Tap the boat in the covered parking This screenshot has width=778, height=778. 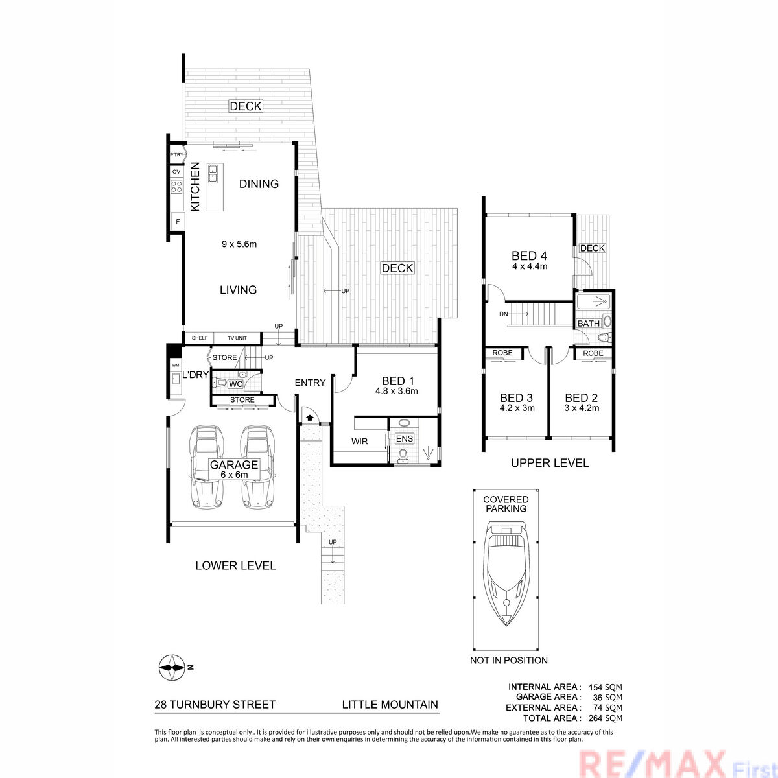pyautogui.click(x=506, y=573)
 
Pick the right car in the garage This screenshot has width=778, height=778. pyautogui.click(x=258, y=466)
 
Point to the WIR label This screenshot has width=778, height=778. pyautogui.click(x=359, y=442)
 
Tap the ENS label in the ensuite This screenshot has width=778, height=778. pyautogui.click(x=405, y=439)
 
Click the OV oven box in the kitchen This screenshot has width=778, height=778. pyautogui.click(x=176, y=172)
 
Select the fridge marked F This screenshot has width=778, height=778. pyautogui.click(x=178, y=222)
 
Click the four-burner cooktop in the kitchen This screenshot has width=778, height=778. pyautogui.click(x=176, y=186)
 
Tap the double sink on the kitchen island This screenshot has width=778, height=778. pyautogui.click(x=213, y=173)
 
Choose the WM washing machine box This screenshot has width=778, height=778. pyautogui.click(x=175, y=366)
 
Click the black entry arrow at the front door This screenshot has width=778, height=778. pyautogui.click(x=310, y=417)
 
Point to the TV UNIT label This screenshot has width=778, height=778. pyautogui.click(x=237, y=338)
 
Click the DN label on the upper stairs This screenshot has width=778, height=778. pyautogui.click(x=504, y=314)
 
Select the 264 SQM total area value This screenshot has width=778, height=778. pyautogui.click(x=605, y=718)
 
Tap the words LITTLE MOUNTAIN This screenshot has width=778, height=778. pyautogui.click(x=390, y=705)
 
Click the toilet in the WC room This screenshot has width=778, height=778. pyautogui.click(x=219, y=381)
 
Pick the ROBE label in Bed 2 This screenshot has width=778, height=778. pyautogui.click(x=593, y=353)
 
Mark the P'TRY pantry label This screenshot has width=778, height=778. pyautogui.click(x=176, y=155)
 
